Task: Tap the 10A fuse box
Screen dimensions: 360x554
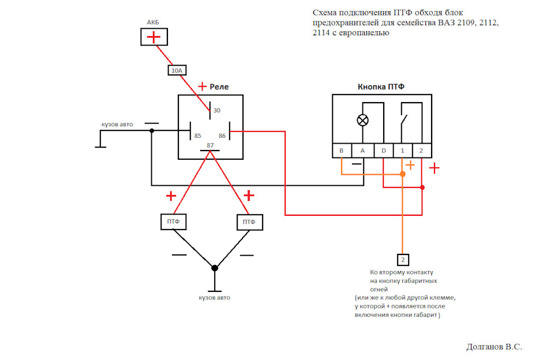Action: click(177, 70)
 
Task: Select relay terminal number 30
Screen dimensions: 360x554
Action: click(217, 110)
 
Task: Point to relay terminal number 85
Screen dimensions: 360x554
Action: click(197, 136)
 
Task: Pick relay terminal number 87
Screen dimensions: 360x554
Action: click(210, 145)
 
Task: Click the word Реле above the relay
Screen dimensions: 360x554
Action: click(219, 87)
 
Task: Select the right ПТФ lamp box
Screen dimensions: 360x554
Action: click(249, 222)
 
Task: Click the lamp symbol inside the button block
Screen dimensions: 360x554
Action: click(363, 121)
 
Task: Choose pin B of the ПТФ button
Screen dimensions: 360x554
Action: click(342, 151)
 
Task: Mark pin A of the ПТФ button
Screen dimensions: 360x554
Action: click(362, 151)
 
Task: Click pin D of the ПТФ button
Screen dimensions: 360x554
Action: click(384, 151)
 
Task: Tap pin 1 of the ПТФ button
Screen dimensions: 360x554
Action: click(402, 151)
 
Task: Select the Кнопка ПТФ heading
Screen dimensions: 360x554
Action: click(381, 87)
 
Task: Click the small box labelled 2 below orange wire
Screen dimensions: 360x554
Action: click(403, 259)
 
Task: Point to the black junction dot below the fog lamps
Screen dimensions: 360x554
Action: click(215, 268)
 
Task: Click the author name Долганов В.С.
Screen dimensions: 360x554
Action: click(494, 347)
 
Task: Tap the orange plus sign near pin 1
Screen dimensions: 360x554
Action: click(410, 166)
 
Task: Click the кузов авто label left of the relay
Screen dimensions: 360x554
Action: click(117, 124)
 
